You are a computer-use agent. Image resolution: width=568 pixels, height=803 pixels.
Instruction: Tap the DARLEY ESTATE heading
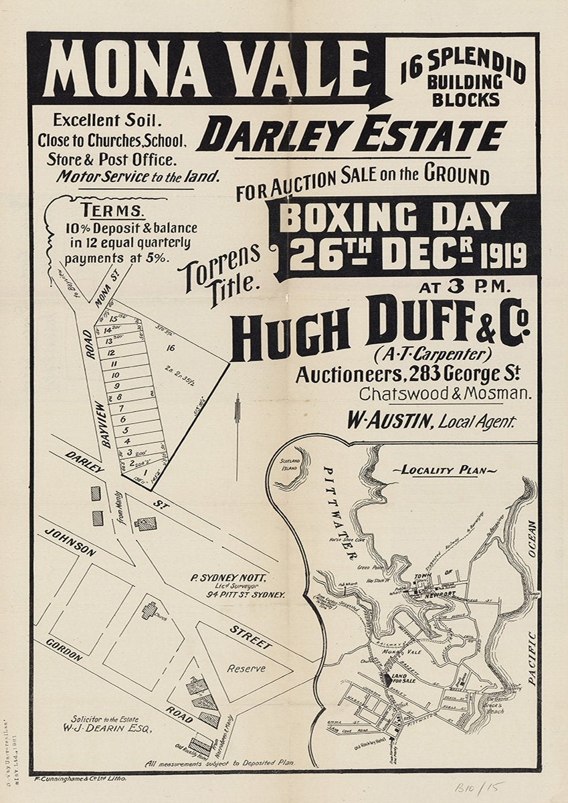tap(351, 136)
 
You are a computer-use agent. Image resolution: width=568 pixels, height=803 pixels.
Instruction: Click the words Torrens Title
tap(220, 276)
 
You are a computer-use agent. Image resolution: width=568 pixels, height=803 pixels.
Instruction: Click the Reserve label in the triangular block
tap(246, 668)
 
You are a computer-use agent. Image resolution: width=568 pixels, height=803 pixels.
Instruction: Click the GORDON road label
tap(64, 649)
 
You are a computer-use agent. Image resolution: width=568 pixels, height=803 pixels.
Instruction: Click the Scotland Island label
tap(291, 462)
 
